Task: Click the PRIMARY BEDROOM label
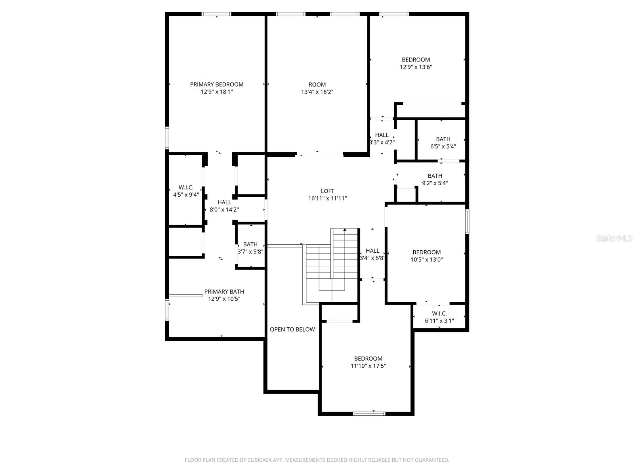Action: [216, 84]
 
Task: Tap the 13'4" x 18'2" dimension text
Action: [317, 92]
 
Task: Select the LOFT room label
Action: [327, 191]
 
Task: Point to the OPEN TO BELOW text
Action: [292, 329]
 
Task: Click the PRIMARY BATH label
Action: [224, 292]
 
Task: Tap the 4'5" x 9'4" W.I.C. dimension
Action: [186, 195]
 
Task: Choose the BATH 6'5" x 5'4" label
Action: [443, 142]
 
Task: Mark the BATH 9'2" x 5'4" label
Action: [435, 179]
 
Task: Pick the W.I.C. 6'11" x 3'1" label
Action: [439, 317]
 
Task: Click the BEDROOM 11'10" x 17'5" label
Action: [368, 362]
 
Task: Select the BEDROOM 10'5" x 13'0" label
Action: [426, 256]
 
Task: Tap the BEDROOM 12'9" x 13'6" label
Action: [416, 63]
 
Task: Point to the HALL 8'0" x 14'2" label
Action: [224, 206]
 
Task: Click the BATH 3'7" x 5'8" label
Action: [250, 248]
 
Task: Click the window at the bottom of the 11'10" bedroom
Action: [369, 413]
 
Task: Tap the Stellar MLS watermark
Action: [614, 238]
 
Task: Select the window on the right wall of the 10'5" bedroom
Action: [467, 221]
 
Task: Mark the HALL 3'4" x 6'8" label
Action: [372, 254]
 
